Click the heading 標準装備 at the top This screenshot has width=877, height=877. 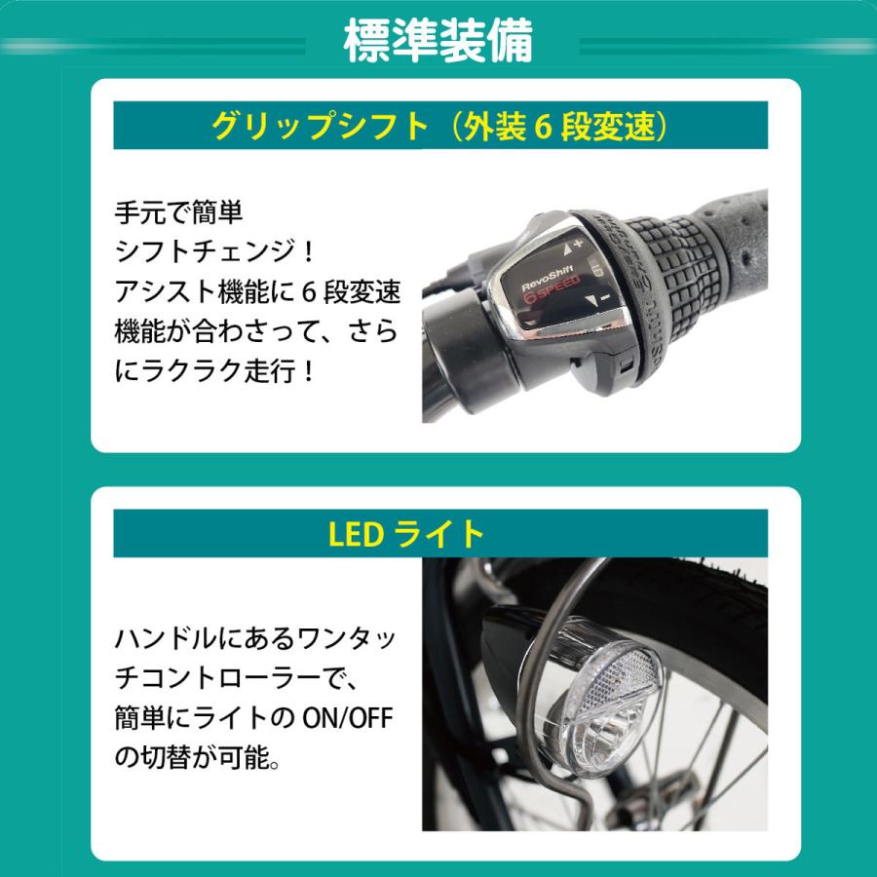438,44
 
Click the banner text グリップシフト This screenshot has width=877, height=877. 321,126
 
